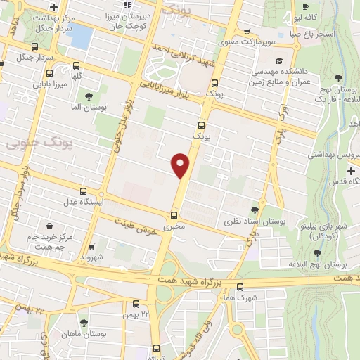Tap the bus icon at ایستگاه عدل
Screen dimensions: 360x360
tap(84, 191)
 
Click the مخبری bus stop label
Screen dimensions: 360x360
tap(175, 227)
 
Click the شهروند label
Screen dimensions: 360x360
tap(91, 257)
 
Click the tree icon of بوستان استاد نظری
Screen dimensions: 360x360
tap(254, 210)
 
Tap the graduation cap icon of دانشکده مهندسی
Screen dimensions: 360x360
tap(280, 61)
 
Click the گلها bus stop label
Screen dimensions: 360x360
tap(76, 77)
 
